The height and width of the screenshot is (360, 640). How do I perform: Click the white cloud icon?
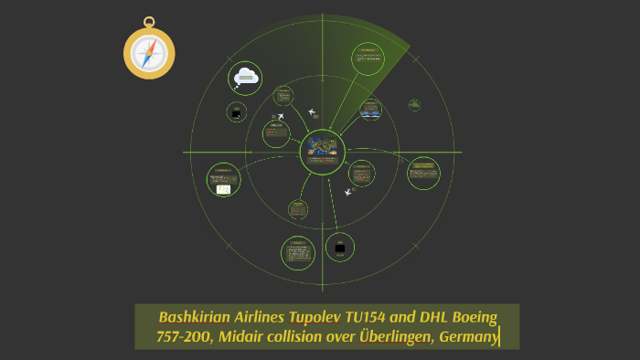click(244, 78)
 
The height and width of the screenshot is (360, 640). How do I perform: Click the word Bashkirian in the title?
click(197, 318)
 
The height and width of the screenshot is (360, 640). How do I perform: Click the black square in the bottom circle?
click(340, 248)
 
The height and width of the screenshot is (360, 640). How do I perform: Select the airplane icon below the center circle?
click(348, 193)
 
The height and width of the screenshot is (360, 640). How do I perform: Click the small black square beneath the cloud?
click(237, 112)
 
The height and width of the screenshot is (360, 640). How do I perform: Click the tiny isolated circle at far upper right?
click(414, 104)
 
